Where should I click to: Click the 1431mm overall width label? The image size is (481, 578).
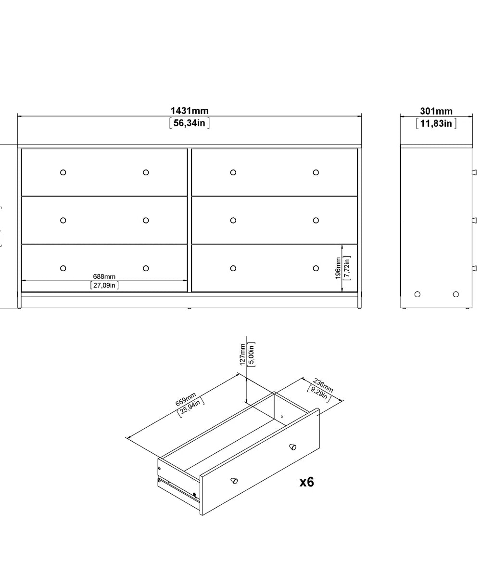click(190, 111)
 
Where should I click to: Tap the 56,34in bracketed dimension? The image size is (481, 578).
click(190, 123)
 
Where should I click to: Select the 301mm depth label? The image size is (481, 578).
click(436, 111)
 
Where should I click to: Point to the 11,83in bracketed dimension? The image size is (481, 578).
click(436, 124)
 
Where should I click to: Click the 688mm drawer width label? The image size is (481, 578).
click(104, 276)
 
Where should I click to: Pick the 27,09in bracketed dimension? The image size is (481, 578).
click(104, 285)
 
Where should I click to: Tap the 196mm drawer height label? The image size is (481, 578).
click(338, 268)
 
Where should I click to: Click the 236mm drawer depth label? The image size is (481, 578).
click(323, 386)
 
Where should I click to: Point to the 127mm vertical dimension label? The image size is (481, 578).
click(243, 354)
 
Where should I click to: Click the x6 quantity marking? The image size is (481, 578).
click(306, 482)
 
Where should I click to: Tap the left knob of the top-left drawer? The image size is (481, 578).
click(63, 172)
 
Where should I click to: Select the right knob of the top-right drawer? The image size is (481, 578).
click(316, 172)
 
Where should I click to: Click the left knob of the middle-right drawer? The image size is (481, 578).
click(233, 221)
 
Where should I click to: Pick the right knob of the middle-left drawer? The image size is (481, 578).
click(146, 221)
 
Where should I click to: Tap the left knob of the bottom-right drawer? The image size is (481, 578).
click(233, 268)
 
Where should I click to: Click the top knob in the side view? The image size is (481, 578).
click(474, 172)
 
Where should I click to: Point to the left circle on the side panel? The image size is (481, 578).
click(417, 294)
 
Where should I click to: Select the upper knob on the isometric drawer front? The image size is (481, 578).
click(292, 447)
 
